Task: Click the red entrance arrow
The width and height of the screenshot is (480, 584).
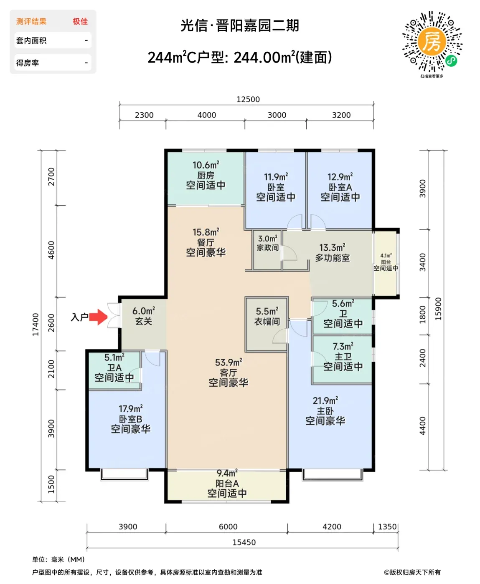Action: click(x=98, y=317)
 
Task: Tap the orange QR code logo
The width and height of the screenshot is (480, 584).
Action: click(x=432, y=42)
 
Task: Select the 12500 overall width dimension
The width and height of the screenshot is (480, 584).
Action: click(x=248, y=99)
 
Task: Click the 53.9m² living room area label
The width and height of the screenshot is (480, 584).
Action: click(x=229, y=362)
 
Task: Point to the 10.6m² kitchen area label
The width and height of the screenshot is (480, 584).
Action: click(x=206, y=165)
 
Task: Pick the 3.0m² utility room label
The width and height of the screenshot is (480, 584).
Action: click(x=268, y=239)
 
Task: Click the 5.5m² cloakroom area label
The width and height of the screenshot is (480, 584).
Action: click(x=267, y=311)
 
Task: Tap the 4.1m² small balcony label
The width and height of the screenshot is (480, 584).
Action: click(x=386, y=256)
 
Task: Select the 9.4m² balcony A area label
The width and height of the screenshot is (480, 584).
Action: click(x=227, y=473)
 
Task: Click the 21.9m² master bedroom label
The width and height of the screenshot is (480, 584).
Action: click(x=325, y=400)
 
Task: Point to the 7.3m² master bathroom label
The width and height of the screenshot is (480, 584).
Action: click(x=343, y=346)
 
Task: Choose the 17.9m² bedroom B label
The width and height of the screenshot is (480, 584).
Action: click(x=131, y=408)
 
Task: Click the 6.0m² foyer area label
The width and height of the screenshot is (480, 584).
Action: click(x=143, y=311)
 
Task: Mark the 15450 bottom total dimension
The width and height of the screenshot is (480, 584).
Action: click(x=244, y=542)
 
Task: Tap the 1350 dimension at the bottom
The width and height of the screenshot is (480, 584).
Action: click(x=387, y=526)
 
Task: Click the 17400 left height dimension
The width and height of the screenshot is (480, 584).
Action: click(x=36, y=324)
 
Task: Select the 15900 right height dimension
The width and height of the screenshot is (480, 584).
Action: click(x=438, y=309)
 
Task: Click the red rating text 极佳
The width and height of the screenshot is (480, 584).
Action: click(x=80, y=21)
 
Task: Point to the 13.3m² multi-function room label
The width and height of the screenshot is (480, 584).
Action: click(x=332, y=247)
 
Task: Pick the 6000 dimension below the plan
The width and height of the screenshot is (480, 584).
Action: click(x=228, y=526)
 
